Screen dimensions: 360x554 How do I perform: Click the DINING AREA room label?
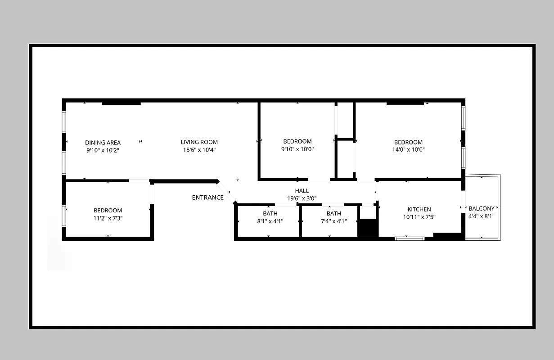pos(103,143)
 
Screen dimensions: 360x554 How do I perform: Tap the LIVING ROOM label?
pos(199,142)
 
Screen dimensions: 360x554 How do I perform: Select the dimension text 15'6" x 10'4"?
pos(199,150)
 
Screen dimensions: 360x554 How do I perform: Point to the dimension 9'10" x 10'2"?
pos(103,150)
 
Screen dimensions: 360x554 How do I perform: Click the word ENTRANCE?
pos(207,197)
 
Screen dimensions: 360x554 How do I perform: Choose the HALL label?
pos(302,191)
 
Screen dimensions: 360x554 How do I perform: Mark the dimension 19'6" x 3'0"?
pos(302,198)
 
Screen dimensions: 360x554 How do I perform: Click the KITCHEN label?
pos(419,209)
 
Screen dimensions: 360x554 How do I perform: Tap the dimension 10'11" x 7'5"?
pos(419,217)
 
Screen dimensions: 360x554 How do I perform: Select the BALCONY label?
pos(482,208)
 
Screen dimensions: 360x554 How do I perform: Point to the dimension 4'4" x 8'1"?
pos(482,216)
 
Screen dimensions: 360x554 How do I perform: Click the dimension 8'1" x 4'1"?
pos(270,221)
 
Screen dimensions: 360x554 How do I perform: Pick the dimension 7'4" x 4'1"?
pos(333,221)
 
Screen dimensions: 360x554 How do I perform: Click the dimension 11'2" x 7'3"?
pos(108,218)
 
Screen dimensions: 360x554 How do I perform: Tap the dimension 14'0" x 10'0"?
pos(408,150)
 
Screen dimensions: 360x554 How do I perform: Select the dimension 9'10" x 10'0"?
pos(297,149)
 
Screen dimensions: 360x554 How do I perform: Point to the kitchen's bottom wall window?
pos(410,238)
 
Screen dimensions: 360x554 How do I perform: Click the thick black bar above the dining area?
pos(121,103)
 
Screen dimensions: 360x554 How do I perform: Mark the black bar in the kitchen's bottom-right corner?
pos(447,235)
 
